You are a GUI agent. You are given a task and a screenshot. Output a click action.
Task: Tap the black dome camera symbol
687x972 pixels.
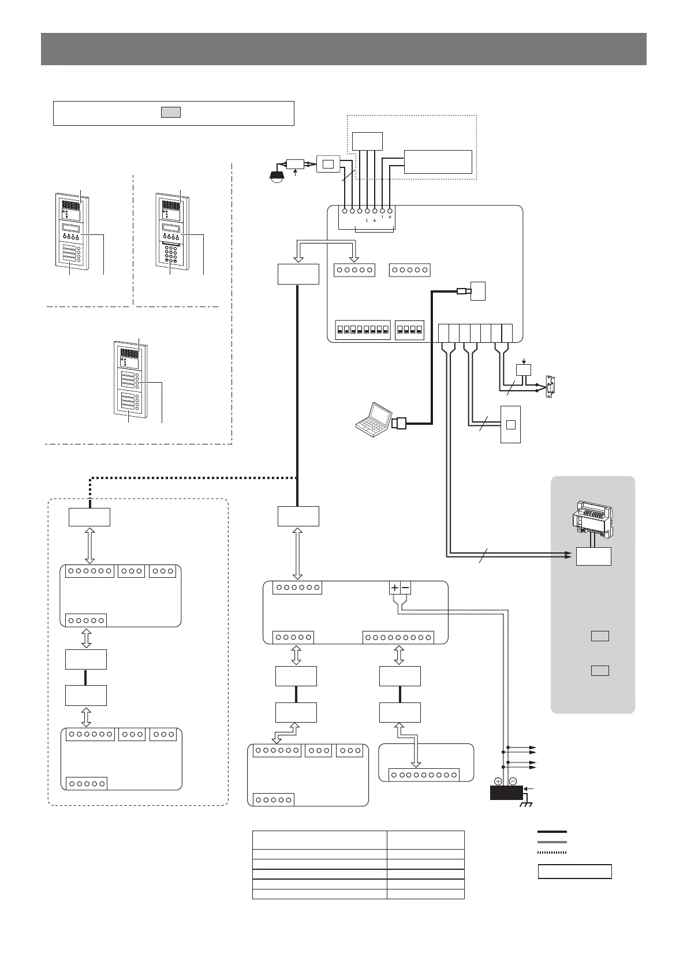(278, 175)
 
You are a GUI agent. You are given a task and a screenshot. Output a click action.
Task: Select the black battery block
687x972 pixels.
(506, 791)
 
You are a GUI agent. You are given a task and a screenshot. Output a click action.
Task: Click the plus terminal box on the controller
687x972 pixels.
(394, 588)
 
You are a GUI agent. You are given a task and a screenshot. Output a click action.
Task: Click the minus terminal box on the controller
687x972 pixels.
(405, 588)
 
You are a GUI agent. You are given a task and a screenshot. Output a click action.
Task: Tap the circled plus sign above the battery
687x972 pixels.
(498, 780)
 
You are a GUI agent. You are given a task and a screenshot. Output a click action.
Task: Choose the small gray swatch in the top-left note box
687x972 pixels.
(170, 112)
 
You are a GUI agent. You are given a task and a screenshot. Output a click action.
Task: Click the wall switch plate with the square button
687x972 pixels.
(510, 424)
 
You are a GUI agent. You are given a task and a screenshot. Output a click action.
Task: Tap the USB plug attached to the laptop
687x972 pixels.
(399, 424)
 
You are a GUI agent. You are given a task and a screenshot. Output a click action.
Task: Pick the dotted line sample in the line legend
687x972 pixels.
(552, 851)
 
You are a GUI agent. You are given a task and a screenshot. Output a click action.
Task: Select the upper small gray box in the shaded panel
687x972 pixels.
(600, 637)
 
